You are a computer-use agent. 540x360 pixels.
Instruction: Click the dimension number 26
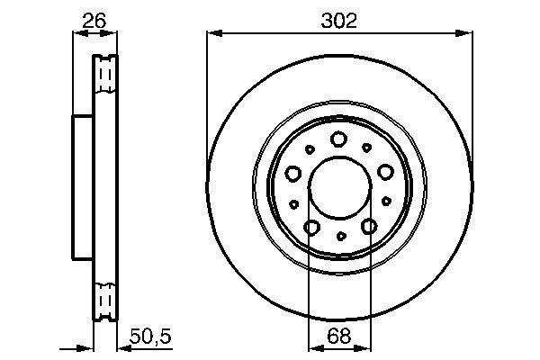[94, 21]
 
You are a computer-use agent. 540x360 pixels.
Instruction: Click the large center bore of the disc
[339, 188]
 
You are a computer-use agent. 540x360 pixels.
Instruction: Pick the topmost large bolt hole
[338, 139]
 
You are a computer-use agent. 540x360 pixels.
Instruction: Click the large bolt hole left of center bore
[292, 173]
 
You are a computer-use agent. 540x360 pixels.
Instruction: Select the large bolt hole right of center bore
[385, 172]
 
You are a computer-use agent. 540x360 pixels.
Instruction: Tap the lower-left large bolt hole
[310, 228]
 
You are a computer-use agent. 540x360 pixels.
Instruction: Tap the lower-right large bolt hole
[369, 228]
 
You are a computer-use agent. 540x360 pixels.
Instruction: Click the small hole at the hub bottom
[340, 237]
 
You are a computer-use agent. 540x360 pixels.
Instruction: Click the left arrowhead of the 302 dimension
[212, 34]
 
